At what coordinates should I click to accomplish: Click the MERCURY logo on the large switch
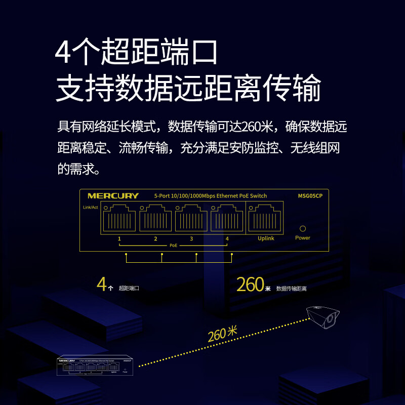(113, 196)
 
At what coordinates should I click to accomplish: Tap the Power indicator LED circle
(303, 229)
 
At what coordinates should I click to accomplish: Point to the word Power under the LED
(303, 238)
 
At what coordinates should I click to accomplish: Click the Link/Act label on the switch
(90, 208)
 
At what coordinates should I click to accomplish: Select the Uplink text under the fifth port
(266, 238)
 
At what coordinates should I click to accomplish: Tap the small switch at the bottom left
(95, 367)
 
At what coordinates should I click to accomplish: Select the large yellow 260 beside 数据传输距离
(250, 285)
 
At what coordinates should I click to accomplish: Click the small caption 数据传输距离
(292, 289)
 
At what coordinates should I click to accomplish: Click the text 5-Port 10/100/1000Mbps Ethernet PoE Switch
(210, 196)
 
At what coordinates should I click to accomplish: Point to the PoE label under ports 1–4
(174, 245)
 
